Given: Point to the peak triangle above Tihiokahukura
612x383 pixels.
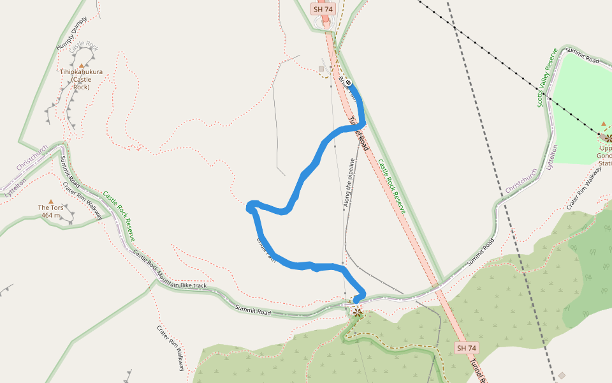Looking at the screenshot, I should (82, 65).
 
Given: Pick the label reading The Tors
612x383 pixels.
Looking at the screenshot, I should (51, 207).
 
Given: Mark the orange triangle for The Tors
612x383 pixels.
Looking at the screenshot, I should (51, 201).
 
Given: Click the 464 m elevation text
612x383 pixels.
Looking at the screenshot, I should (51, 215).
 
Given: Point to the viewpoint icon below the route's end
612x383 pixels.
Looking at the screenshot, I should (358, 312).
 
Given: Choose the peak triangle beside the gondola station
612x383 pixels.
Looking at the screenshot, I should (604, 124).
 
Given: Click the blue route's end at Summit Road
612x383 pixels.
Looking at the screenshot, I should (356, 299).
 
